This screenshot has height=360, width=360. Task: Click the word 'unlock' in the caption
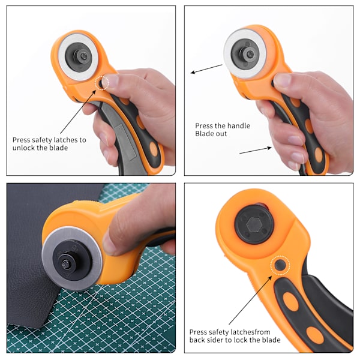[x=23, y=148]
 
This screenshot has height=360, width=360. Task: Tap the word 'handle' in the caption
[x=238, y=125]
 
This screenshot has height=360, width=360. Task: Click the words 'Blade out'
[x=211, y=134]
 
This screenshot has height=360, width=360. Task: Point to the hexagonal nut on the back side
[x=254, y=224]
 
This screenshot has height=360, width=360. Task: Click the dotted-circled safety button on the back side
[x=280, y=265]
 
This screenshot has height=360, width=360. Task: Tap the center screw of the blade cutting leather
[x=67, y=264]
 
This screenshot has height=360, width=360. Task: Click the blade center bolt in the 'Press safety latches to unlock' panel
[x=83, y=56]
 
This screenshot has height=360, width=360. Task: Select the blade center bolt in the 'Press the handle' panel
[x=250, y=55]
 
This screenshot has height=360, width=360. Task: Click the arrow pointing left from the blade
[x=206, y=69]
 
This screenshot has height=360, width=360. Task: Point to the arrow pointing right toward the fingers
[x=256, y=150]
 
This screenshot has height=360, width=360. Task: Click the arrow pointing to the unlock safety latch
[x=78, y=112]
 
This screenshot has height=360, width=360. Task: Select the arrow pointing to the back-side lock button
[x=250, y=300]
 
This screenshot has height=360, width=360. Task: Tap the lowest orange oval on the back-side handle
[x=315, y=335]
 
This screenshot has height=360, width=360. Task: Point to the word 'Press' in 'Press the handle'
[x=203, y=125]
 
